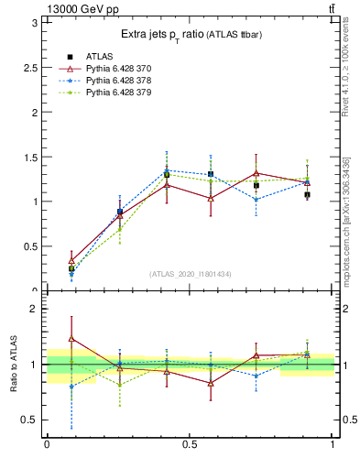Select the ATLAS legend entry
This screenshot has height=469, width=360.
(102, 57)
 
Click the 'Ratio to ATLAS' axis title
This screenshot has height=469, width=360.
(13, 364)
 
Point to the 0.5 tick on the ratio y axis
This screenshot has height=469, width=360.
(34, 420)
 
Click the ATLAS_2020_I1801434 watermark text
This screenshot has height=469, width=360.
(191, 274)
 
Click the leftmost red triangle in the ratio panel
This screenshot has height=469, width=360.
(71, 339)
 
